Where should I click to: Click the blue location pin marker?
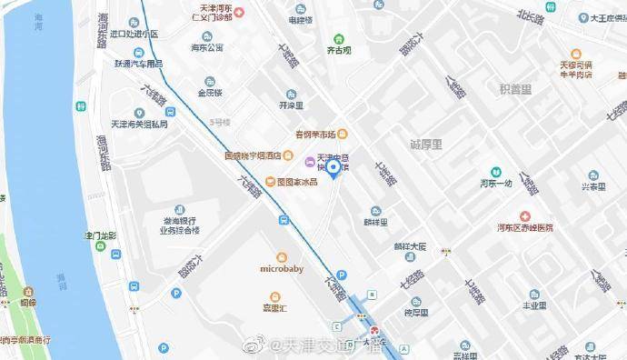pos(333,166)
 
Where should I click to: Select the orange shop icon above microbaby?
pos(281,257)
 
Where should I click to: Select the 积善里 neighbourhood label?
pos(515,89)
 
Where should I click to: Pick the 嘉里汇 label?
pos(274,306)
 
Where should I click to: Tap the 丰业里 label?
pos(533,307)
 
